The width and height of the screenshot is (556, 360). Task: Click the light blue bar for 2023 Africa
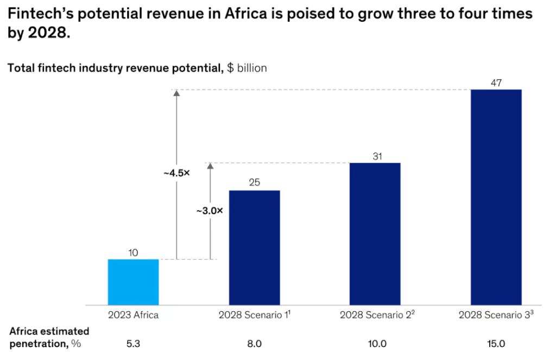point(133,282)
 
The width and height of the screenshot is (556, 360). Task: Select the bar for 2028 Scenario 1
point(254,248)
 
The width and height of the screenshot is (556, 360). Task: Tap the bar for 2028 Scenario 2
point(375,233)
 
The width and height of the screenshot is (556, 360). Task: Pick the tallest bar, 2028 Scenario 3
point(496,197)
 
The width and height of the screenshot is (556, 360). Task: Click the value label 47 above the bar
point(496,83)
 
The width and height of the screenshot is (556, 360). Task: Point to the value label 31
point(375,156)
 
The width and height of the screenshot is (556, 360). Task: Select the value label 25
point(254,183)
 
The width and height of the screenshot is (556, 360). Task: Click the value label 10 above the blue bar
point(133,252)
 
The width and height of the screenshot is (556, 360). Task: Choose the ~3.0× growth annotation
point(209,211)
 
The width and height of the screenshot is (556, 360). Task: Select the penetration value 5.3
point(133,344)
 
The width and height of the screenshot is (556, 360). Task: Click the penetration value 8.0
point(254,344)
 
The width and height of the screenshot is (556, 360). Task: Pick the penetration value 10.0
point(375,344)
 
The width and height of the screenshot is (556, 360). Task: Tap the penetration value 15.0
point(496,344)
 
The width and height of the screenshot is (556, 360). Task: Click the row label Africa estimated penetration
point(49,337)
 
